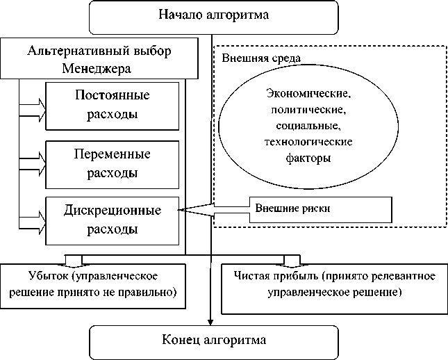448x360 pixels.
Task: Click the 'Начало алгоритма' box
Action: (213, 15)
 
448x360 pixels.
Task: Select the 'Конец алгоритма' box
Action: (213, 341)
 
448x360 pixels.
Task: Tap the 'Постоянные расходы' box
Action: (112, 104)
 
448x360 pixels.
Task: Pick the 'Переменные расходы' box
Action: (112, 163)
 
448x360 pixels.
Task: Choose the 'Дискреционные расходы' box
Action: (112, 218)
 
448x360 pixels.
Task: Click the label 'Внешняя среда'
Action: (252, 56)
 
